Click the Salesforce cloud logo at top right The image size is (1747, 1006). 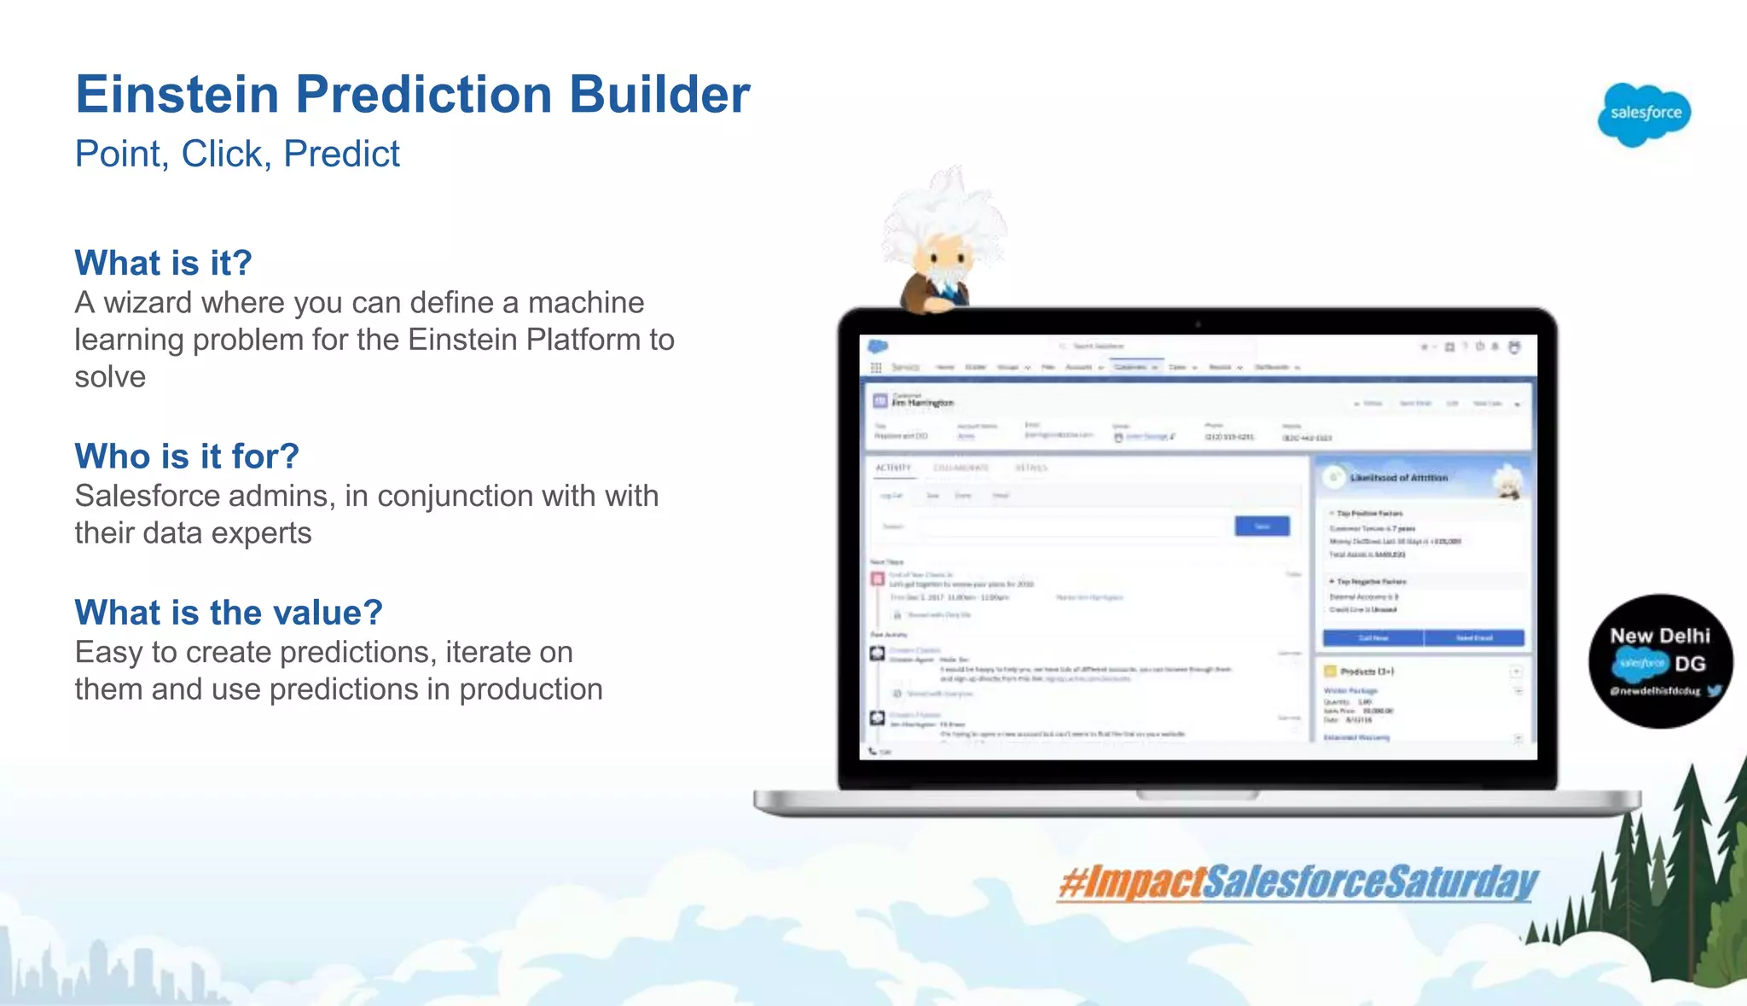(x=1644, y=113)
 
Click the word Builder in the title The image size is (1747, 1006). (x=659, y=94)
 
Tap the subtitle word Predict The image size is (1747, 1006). (x=341, y=154)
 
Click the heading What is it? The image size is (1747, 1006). (x=163, y=263)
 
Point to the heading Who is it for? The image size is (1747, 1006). (x=187, y=456)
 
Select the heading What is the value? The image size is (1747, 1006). (x=229, y=613)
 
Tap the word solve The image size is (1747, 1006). (x=110, y=377)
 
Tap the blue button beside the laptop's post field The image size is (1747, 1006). (x=1262, y=526)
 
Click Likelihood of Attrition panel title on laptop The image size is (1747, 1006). (x=1398, y=478)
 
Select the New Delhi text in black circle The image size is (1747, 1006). (x=1659, y=636)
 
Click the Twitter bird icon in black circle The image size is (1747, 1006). (x=1714, y=691)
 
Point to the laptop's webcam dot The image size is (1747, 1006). (x=1198, y=324)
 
